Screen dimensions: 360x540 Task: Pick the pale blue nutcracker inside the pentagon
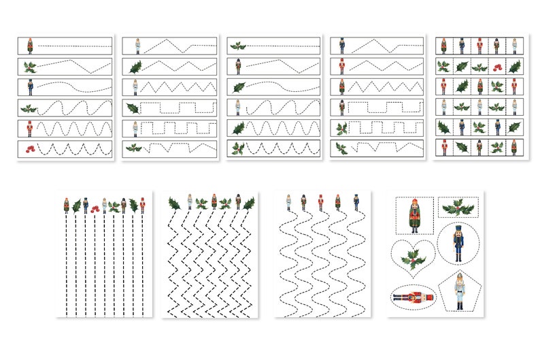pos(460,291)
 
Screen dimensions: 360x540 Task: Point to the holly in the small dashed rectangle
pos(458,206)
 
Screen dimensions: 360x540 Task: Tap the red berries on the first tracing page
pos(29,148)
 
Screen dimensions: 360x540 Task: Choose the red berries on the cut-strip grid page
pos(496,67)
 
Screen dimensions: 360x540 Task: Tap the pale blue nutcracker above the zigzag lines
pos(214,201)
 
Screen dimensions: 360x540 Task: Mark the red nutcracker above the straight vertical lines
pos(142,205)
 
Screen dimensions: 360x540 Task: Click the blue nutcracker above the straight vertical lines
pos(86,205)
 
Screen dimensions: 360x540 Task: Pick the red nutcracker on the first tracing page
pos(29,128)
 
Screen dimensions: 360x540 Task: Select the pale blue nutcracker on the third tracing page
pos(239,107)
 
